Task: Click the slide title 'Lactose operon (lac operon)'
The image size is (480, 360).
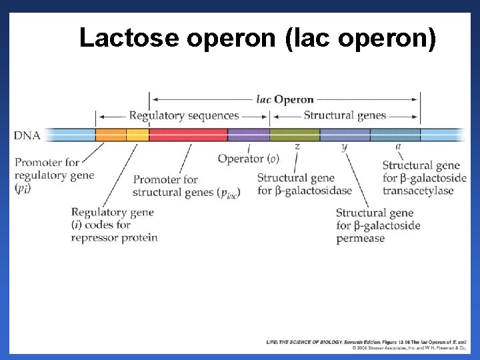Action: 258,38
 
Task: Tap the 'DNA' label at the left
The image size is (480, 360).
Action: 27,135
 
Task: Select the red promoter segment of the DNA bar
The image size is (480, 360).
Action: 187,135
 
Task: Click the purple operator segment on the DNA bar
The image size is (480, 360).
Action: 248,135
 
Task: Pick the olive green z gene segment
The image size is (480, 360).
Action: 295,135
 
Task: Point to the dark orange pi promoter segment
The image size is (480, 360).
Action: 111,135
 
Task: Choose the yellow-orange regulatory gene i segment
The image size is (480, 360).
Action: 137,135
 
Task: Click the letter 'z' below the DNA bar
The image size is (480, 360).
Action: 297,146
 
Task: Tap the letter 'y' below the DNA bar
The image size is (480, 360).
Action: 344,146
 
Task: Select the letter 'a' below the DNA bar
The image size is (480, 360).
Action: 398,146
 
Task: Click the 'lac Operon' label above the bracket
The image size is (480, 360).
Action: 285,99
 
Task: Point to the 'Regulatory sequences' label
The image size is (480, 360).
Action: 183,116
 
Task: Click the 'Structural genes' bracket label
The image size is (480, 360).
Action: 345,115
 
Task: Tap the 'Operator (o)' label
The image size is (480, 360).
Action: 248,159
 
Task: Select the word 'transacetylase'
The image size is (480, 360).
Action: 418,191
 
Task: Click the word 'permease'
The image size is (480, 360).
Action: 361,238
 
